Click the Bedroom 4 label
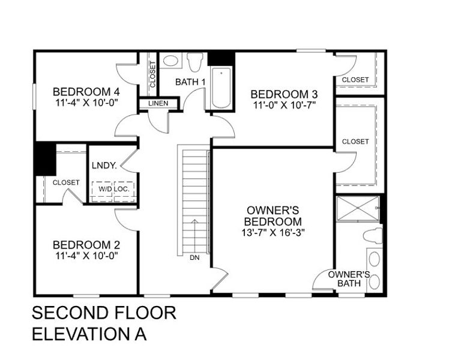(x=86, y=92)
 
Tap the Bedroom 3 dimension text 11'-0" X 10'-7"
(x=284, y=106)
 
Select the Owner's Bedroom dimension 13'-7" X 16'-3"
(x=273, y=232)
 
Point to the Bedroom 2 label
(x=86, y=245)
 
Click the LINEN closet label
(x=159, y=104)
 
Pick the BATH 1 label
(x=190, y=82)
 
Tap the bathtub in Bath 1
(x=221, y=88)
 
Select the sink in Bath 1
(x=171, y=61)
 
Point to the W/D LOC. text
(x=113, y=188)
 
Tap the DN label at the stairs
(x=194, y=258)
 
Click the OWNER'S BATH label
(x=348, y=278)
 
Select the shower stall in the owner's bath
(x=357, y=208)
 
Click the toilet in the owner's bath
(x=374, y=235)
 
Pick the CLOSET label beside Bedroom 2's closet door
(x=65, y=182)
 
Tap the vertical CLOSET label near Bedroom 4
(x=152, y=75)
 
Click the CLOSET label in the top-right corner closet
(x=355, y=79)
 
